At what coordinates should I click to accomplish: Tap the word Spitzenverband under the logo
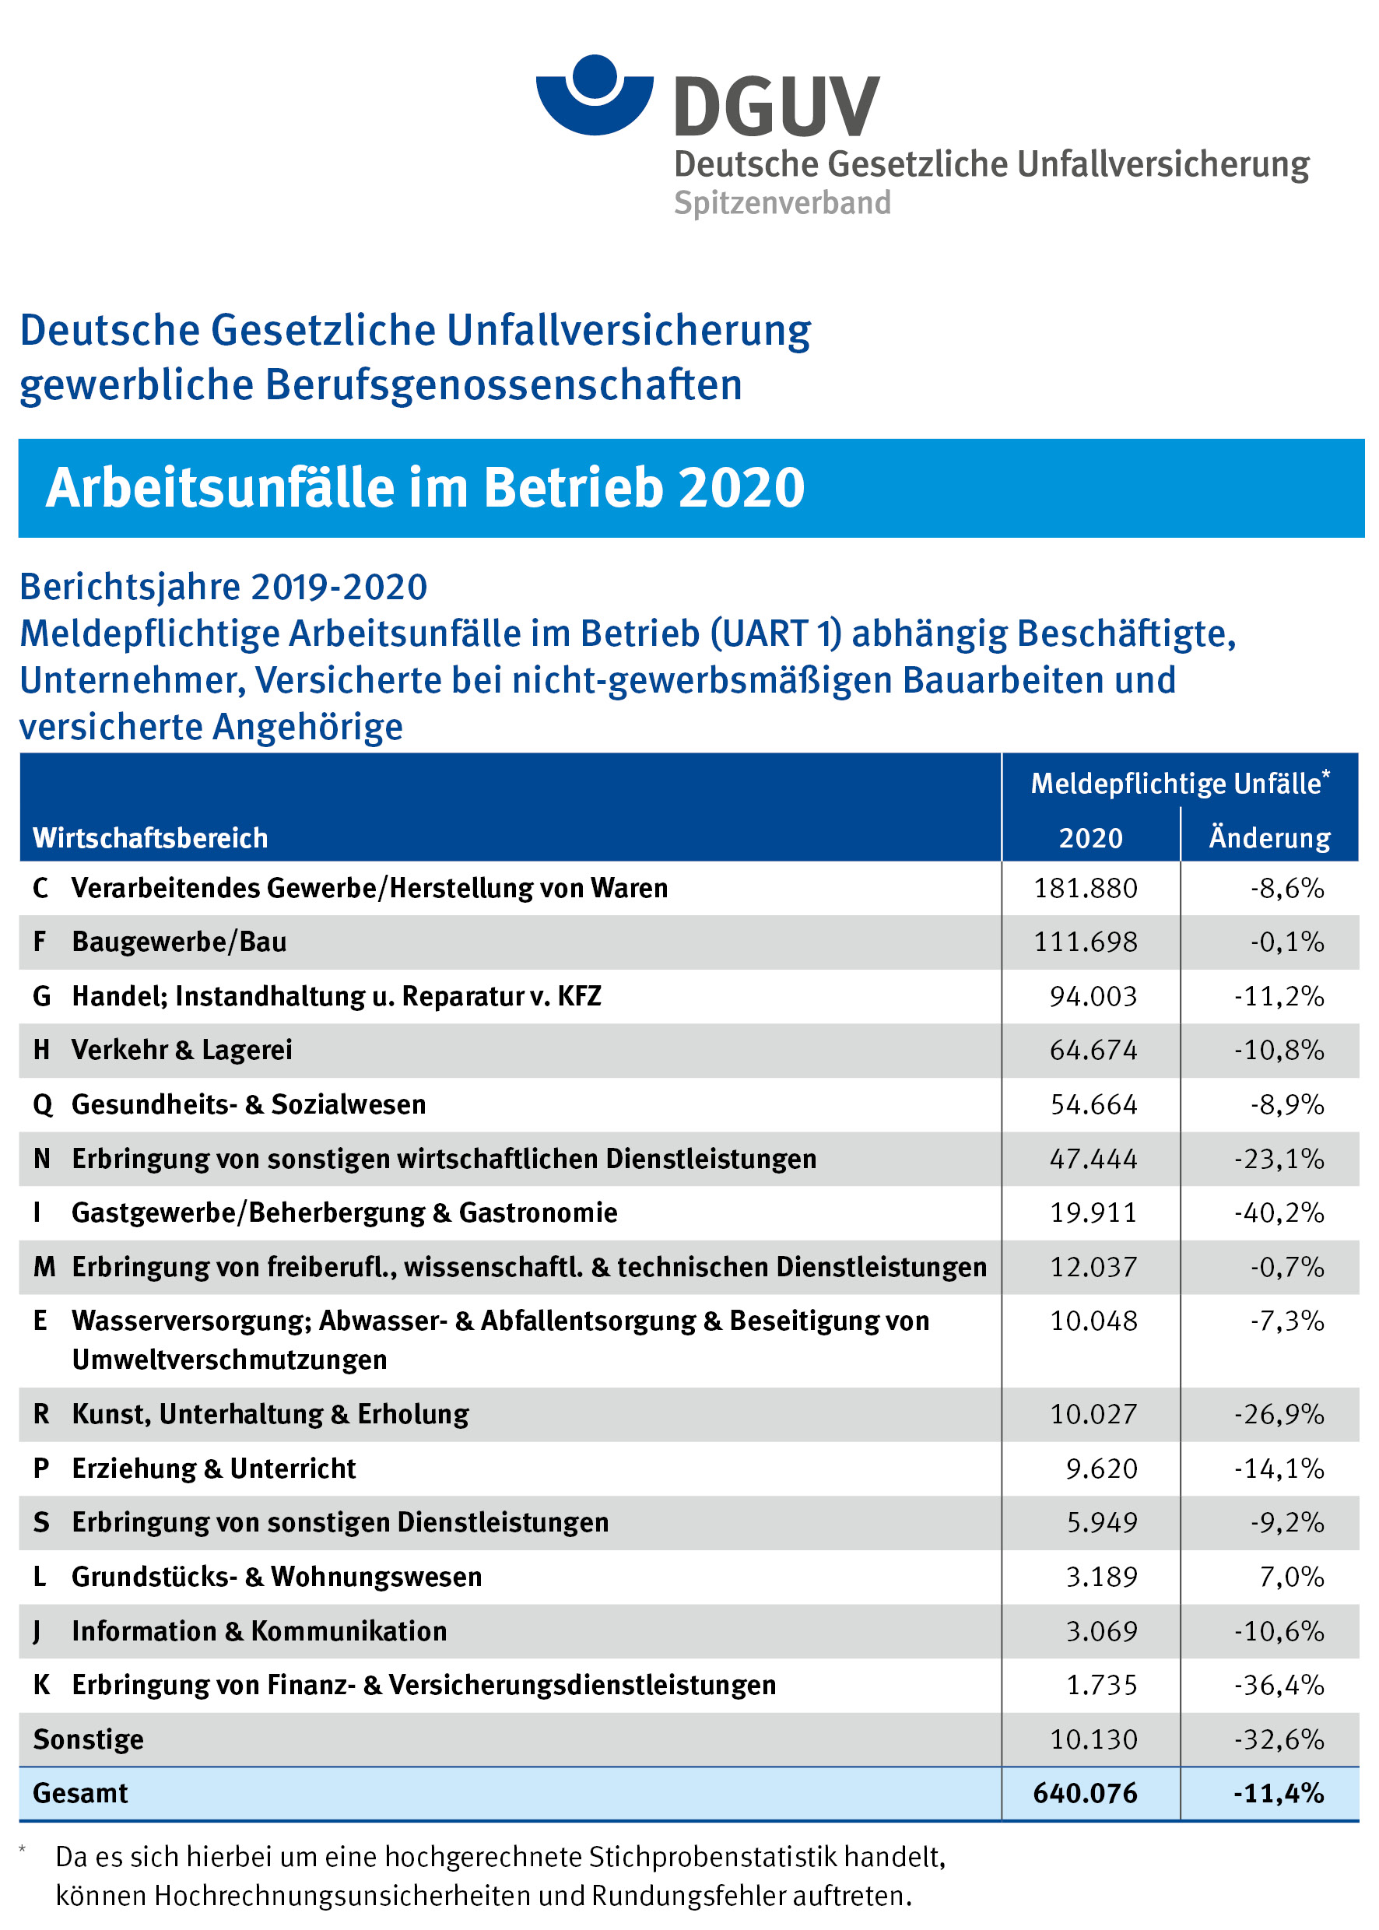pyautogui.click(x=782, y=204)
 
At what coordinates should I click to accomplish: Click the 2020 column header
pyautogui.click(x=1090, y=838)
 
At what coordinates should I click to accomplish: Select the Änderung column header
pyautogui.click(x=1269, y=838)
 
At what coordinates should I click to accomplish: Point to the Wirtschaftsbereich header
pyautogui.click(x=150, y=838)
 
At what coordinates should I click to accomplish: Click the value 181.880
pyautogui.click(x=1085, y=888)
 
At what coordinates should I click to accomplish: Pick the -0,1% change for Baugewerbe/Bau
pyautogui.click(x=1286, y=942)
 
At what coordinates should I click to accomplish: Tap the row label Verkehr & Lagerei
pyautogui.click(x=182, y=1051)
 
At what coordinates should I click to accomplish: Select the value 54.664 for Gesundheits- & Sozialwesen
pyautogui.click(x=1093, y=1104)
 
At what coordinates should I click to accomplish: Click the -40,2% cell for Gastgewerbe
pyautogui.click(x=1279, y=1212)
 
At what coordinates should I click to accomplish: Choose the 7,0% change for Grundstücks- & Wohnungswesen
pyautogui.click(x=1292, y=1577)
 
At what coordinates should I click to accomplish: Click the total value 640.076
pyautogui.click(x=1085, y=1793)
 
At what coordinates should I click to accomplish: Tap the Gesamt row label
pyautogui.click(x=81, y=1793)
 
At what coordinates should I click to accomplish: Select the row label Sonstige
pyautogui.click(x=88, y=1740)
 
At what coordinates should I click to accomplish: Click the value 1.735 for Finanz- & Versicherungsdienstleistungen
pyautogui.click(x=1101, y=1686)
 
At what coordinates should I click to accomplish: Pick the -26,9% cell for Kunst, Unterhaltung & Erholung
pyautogui.click(x=1279, y=1415)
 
